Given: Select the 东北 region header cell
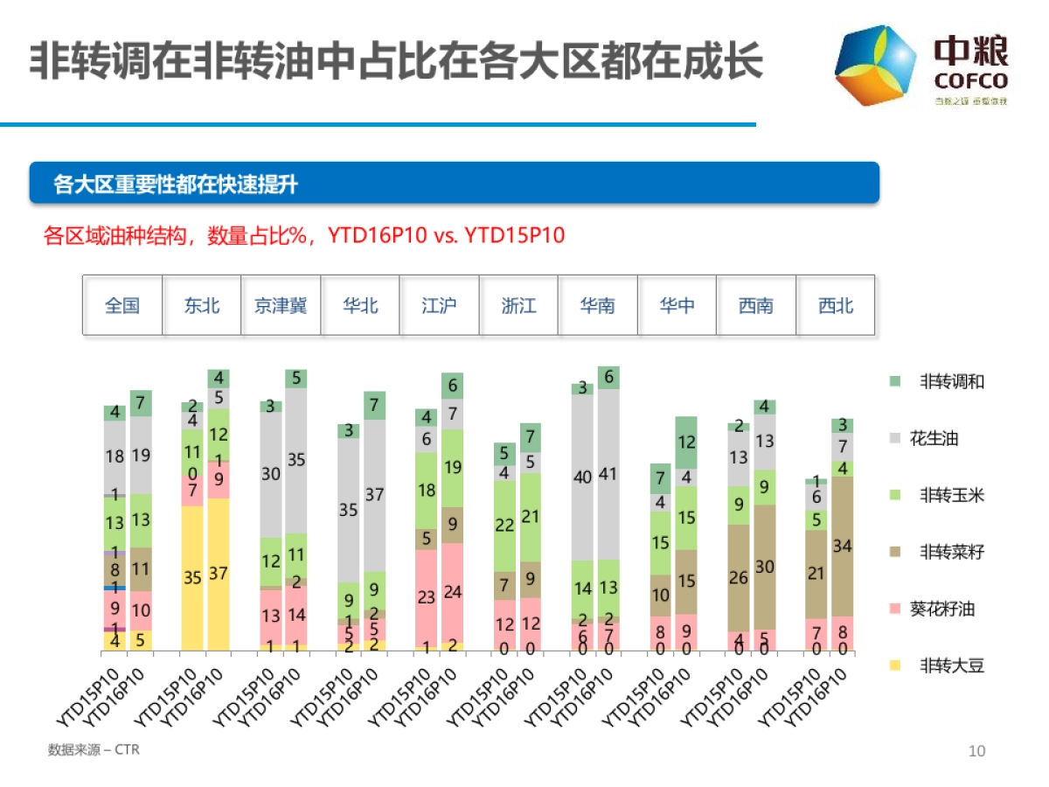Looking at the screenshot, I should click(202, 306).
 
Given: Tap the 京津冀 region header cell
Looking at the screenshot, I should click(281, 306).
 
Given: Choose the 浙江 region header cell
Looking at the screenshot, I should click(518, 306).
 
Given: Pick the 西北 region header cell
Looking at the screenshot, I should click(836, 306).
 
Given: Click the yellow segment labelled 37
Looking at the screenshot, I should click(219, 575).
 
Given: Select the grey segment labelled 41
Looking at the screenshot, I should click(609, 475).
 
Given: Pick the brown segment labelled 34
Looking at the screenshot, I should click(843, 547).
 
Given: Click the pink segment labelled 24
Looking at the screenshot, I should click(453, 593).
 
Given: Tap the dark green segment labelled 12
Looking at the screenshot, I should click(686, 443).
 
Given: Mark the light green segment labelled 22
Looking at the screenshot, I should click(504, 526).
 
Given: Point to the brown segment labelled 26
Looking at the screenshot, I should click(739, 578).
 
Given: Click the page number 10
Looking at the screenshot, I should click(976, 751).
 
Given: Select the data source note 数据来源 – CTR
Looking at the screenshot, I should click(94, 750).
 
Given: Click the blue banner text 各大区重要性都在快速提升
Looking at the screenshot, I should click(175, 184).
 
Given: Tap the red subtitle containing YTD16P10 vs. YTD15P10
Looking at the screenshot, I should click(304, 236).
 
